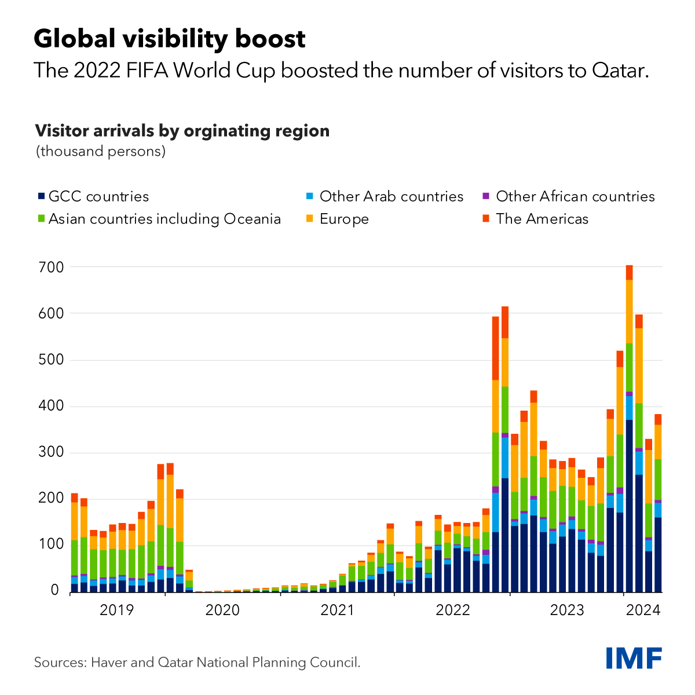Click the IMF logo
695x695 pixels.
coord(634,658)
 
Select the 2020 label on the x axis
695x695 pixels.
coord(223,610)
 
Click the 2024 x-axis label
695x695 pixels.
coord(642,610)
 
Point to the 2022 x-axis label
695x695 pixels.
coord(453,610)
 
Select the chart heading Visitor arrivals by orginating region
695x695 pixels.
coord(182,131)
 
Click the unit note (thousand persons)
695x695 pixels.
coord(101,152)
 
